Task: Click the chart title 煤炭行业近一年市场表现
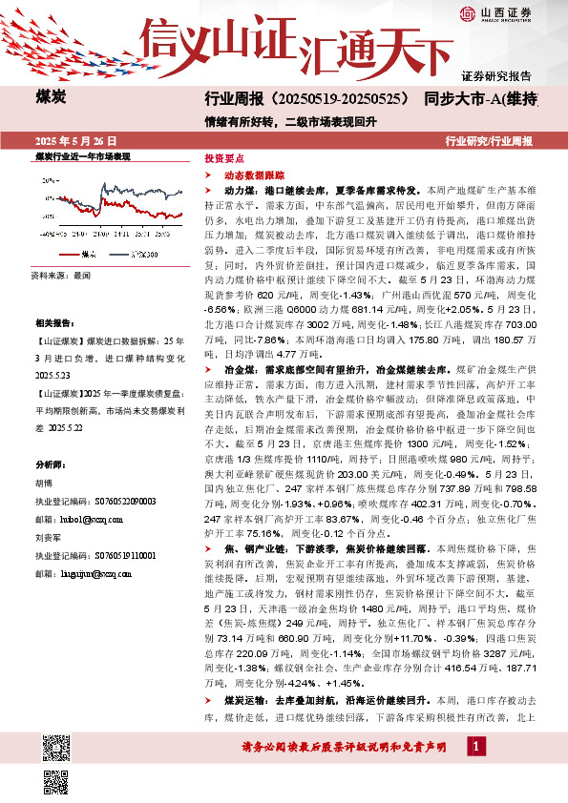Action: pyautogui.click(x=82, y=154)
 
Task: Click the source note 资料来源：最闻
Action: pyautogui.click(x=60, y=274)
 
